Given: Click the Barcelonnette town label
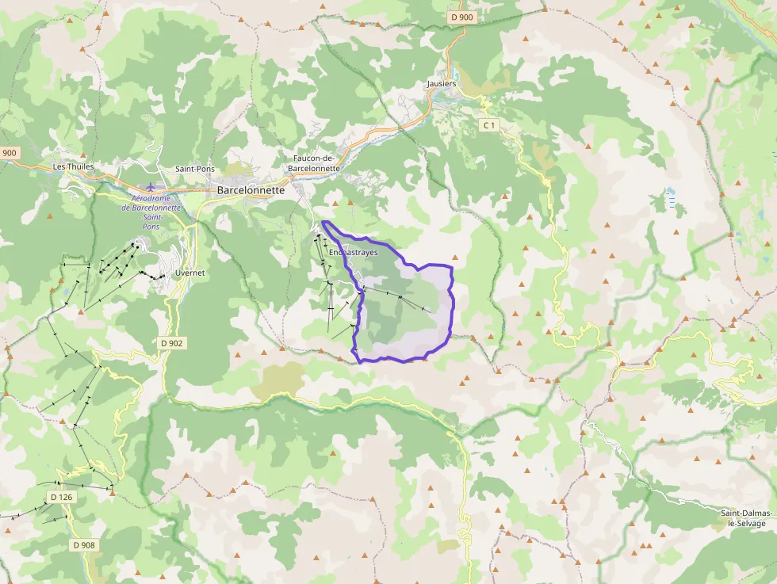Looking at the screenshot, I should (251, 190).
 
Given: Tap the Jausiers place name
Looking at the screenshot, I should (442, 83).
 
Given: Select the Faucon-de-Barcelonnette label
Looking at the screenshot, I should (316, 163).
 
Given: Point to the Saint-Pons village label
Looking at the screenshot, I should (195, 169).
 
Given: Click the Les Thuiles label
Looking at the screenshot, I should (73, 166).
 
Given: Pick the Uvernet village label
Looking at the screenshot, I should (189, 273).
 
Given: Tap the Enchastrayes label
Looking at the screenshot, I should (353, 252).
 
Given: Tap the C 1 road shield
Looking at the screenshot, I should (489, 125).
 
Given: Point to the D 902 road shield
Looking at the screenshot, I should (171, 343).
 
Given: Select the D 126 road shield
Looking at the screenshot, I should (60, 497).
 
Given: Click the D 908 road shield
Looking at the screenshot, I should (84, 544).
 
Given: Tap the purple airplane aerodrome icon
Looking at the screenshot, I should (151, 187).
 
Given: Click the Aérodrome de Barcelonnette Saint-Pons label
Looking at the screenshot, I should (151, 212).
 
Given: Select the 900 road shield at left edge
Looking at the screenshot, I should (9, 153).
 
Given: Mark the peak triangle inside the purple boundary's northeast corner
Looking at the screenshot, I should (455, 257).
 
